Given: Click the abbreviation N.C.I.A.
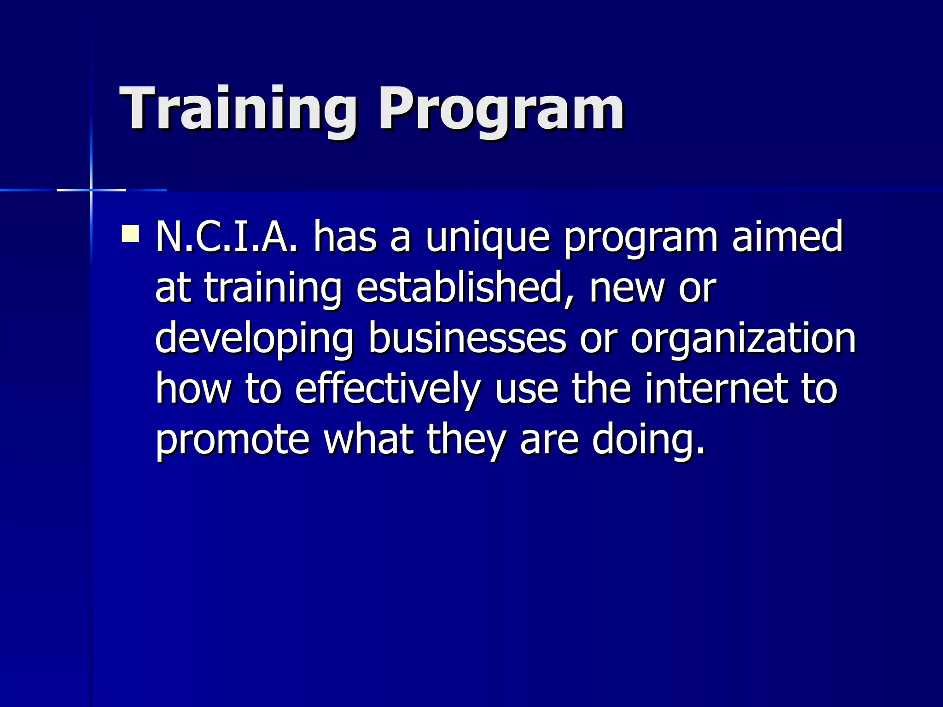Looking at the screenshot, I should (227, 237).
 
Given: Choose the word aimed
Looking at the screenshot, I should (787, 237).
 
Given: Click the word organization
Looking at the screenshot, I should (743, 340).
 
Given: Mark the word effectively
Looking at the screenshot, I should (387, 389).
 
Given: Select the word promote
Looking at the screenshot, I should (233, 440).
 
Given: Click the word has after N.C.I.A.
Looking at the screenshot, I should (345, 237).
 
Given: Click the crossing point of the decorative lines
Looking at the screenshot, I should (91, 190).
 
